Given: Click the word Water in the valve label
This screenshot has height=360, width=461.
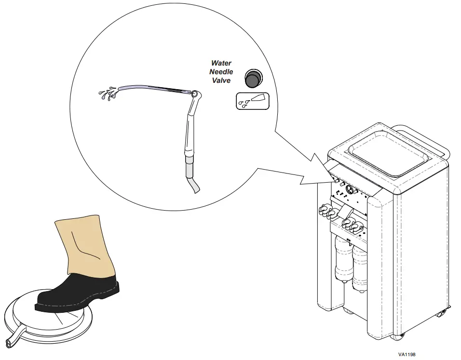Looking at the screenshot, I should (221, 63).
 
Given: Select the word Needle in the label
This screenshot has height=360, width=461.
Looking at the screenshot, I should (221, 72).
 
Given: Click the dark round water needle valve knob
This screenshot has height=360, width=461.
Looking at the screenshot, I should (252, 77).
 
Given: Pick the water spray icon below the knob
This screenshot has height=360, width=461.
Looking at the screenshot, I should (252, 101).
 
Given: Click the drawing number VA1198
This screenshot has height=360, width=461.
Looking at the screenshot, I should (407, 354).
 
